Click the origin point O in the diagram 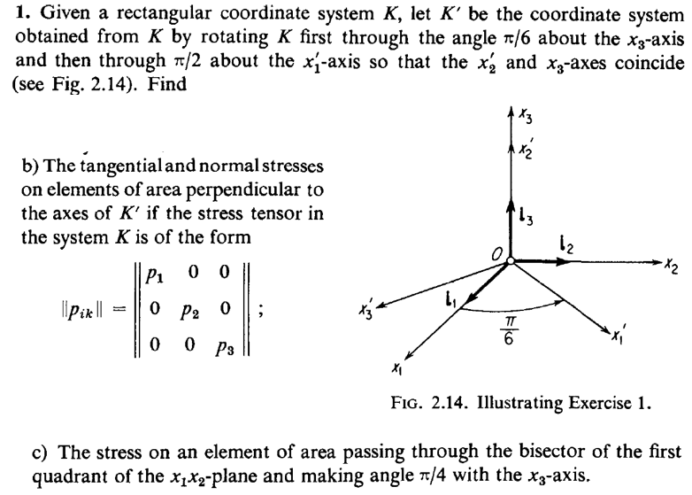pyautogui.click(x=511, y=261)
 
